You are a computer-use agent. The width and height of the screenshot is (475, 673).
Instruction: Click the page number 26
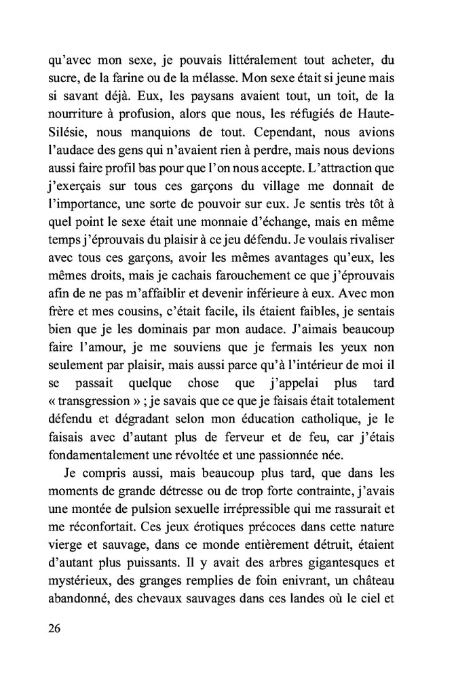tap(56, 628)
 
